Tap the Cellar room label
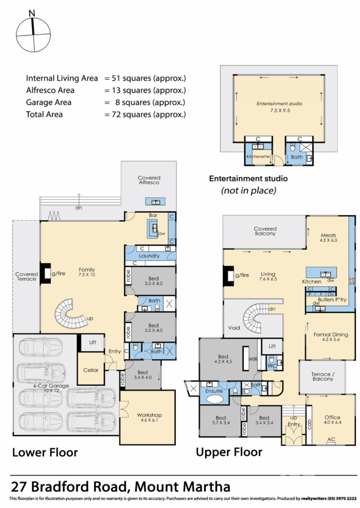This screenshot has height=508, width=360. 91,370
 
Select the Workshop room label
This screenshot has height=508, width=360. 149,415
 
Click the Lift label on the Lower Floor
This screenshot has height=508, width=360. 93,342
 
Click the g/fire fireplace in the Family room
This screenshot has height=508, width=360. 45,274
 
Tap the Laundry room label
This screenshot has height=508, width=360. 149,255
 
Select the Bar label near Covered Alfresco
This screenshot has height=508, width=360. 153,215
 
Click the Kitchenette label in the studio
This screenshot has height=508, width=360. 258,156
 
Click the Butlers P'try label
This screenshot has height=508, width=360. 332,300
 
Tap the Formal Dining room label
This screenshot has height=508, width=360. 331,334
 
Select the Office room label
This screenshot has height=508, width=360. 332,417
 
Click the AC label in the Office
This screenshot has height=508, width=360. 331,440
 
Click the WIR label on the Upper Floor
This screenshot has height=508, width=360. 253,359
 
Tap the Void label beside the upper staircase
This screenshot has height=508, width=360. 234,327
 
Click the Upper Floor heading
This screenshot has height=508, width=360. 229,452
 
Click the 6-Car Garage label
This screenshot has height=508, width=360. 51,386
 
